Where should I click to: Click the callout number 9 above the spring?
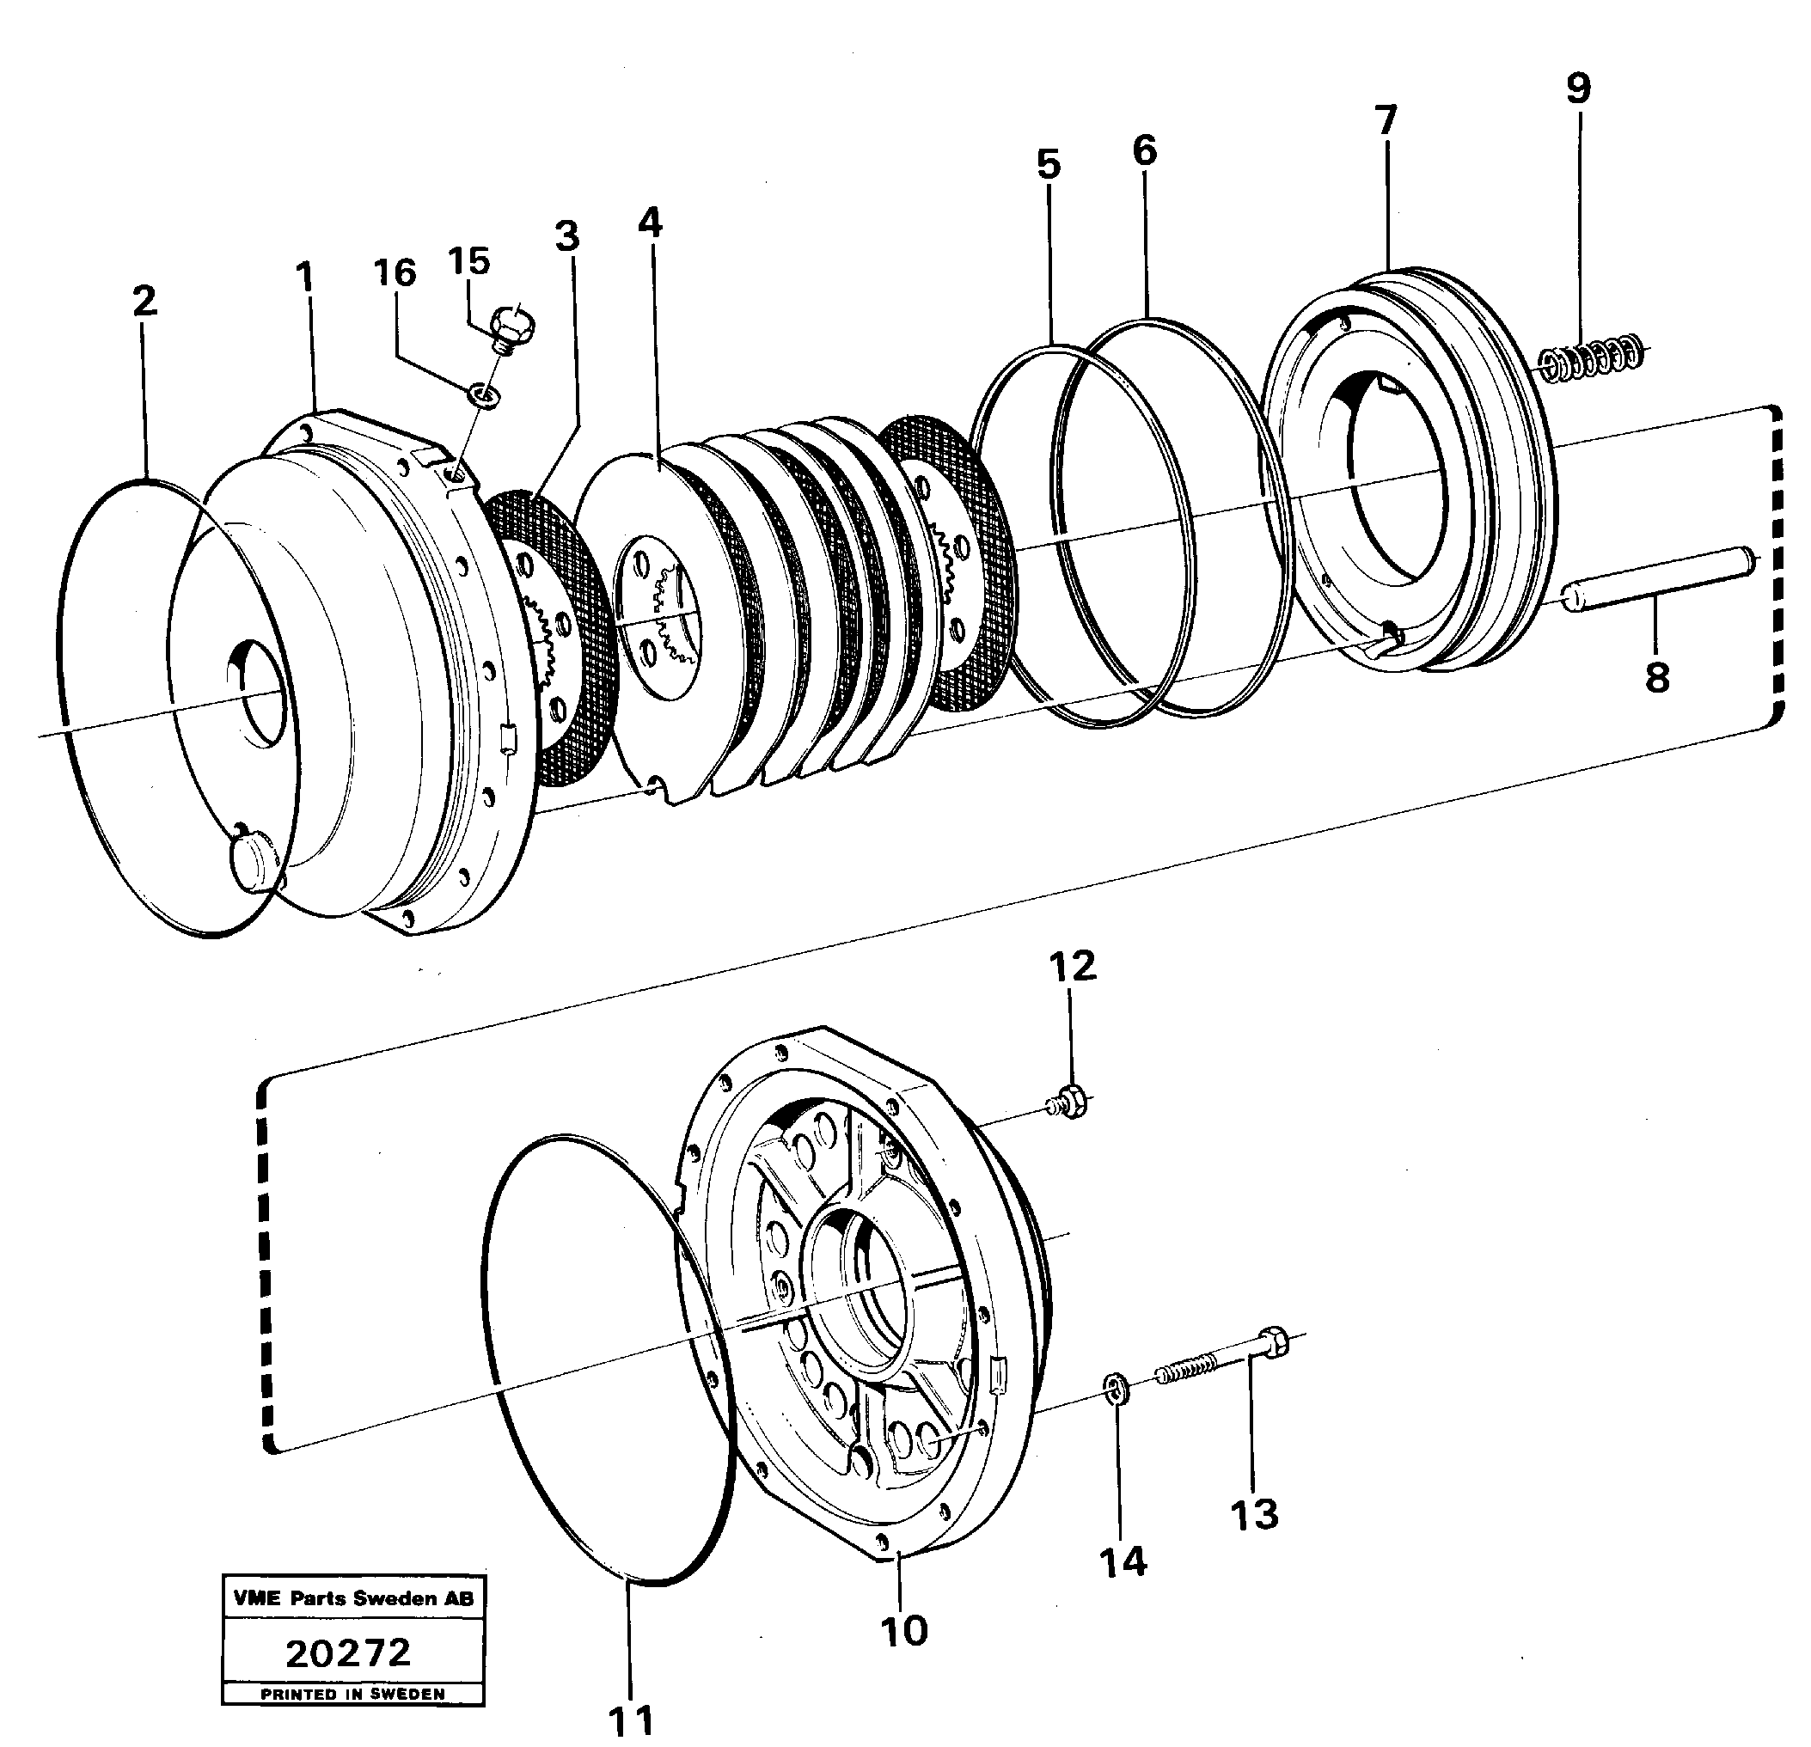pos(1578,89)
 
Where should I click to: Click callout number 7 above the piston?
pos(1385,121)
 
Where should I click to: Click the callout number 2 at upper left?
pos(144,300)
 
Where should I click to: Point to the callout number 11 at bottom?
pos(632,1720)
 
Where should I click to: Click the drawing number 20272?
pos(348,1652)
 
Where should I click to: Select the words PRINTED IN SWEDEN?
pos(352,1695)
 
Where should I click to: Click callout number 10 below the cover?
pos(903,1631)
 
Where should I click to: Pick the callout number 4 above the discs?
pos(650,223)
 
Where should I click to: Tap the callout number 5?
pos(1049,164)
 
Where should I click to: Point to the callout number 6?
pos(1144,150)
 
